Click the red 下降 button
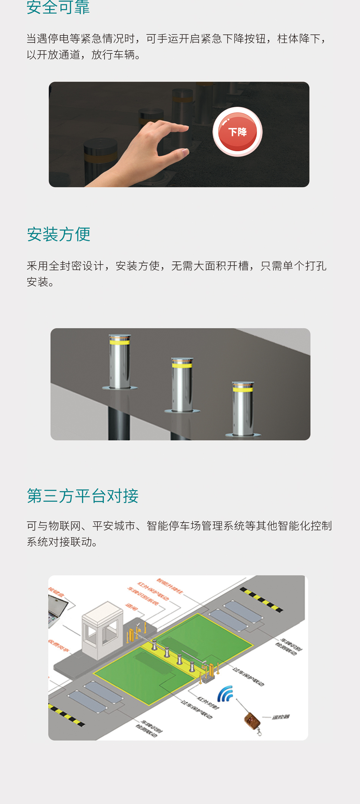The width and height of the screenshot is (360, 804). (x=238, y=132)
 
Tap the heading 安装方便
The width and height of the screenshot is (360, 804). (x=58, y=234)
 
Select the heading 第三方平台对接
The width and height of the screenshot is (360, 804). (x=83, y=496)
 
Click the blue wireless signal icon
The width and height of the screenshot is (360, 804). (x=225, y=694)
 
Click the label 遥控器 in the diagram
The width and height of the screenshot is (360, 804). (x=281, y=717)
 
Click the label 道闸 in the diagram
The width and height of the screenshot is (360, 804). (x=131, y=607)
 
